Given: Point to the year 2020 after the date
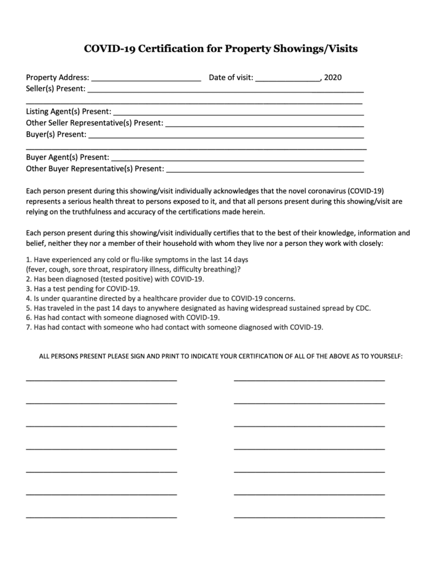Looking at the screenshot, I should point(333,78).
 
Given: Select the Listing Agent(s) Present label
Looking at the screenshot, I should point(68,112).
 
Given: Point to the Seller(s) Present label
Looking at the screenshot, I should point(56,89).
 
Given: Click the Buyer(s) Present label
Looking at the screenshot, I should point(56,135).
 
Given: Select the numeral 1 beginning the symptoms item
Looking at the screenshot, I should point(28,259).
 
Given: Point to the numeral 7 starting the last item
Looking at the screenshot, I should point(28,327).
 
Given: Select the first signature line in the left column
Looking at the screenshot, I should point(102,379).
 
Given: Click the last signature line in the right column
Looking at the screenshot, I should point(309,517).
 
